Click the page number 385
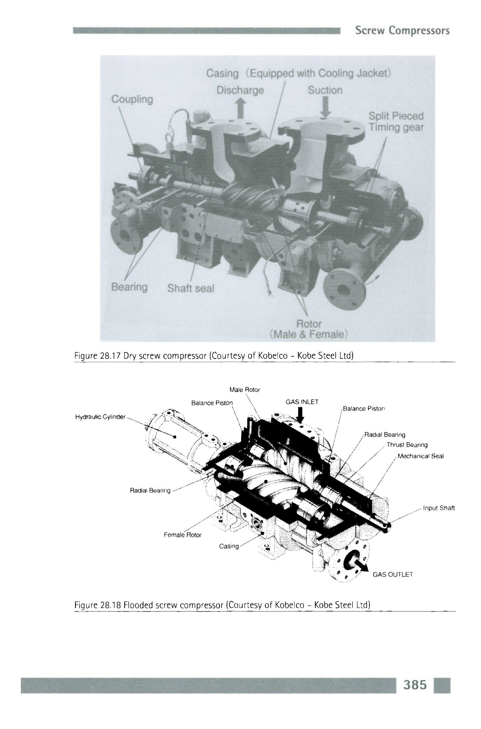(x=415, y=685)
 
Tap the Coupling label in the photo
(x=132, y=99)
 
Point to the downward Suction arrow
(x=325, y=106)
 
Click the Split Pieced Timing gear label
(x=396, y=121)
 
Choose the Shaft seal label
(x=191, y=288)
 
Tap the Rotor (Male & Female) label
(x=309, y=329)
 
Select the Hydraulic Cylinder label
(x=100, y=416)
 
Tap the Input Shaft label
(x=439, y=508)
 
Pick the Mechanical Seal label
(x=421, y=456)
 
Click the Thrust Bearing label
(x=407, y=445)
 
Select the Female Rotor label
(x=183, y=535)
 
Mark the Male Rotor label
(x=245, y=390)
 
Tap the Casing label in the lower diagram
(x=229, y=546)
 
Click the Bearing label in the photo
(x=129, y=287)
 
